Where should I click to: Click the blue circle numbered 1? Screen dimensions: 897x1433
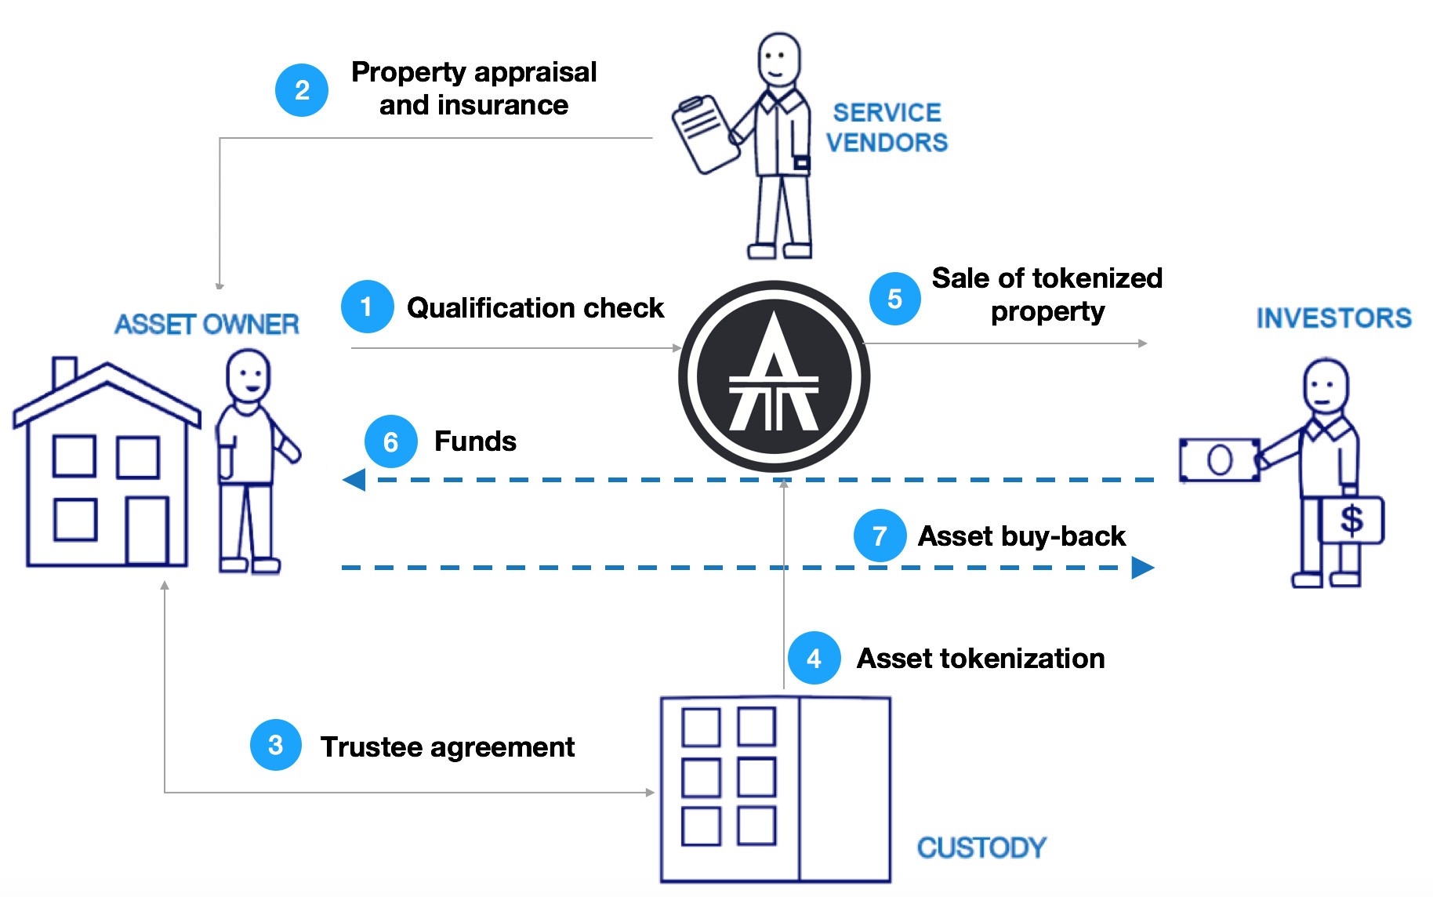click(x=367, y=307)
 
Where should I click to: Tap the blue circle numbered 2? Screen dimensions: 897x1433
click(x=302, y=90)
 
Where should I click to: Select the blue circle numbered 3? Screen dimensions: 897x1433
click(x=275, y=745)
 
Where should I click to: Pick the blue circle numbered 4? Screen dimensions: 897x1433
click(x=814, y=658)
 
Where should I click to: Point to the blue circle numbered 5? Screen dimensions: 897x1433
click(x=894, y=299)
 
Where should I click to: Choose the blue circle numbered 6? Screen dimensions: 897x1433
click(x=390, y=441)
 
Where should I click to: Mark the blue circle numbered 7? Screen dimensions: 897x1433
click(x=880, y=536)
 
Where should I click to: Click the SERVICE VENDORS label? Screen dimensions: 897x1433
click(x=887, y=127)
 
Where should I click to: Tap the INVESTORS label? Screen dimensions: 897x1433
click(x=1333, y=318)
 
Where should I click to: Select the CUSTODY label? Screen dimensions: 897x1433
click(x=981, y=847)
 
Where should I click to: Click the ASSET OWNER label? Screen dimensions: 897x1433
click(x=207, y=324)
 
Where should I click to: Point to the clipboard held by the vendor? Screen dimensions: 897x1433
click(x=705, y=133)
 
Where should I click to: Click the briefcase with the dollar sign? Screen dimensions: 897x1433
click(x=1351, y=520)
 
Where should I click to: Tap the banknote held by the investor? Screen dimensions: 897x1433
click(x=1219, y=459)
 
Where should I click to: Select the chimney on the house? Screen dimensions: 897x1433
click(x=64, y=372)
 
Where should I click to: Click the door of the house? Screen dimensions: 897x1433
click(x=147, y=530)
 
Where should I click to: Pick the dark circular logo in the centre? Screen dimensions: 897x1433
click(x=774, y=376)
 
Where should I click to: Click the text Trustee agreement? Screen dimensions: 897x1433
click(x=448, y=746)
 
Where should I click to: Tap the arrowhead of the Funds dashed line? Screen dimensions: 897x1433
click(x=355, y=479)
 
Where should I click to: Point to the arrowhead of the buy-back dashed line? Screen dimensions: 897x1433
click(x=1142, y=567)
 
